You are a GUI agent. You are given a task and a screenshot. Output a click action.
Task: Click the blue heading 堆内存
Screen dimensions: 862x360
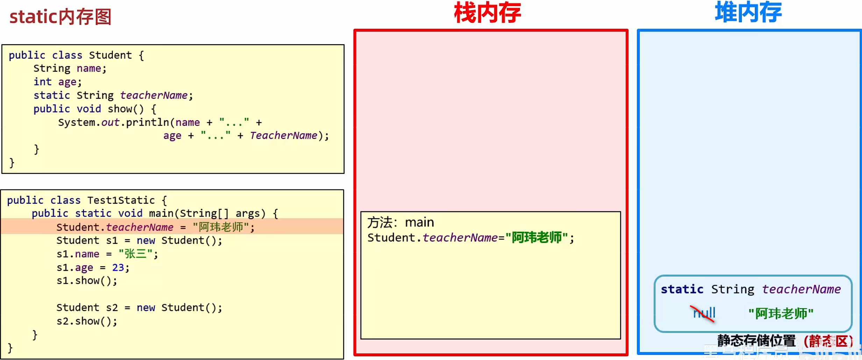point(748,13)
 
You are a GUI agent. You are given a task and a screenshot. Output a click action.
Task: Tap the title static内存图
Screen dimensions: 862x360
point(60,17)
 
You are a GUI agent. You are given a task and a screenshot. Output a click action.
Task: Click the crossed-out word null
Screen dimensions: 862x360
point(704,313)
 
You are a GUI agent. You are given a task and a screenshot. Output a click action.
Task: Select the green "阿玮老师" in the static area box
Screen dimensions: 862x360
point(781,313)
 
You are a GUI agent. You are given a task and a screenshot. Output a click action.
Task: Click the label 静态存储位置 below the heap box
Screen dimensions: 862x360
point(756,341)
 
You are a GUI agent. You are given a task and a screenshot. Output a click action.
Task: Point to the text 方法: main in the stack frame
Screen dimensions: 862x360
point(400,223)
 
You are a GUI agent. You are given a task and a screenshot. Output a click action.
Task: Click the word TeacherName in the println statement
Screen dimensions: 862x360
point(283,136)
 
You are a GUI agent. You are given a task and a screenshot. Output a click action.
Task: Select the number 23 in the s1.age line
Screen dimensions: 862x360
point(118,268)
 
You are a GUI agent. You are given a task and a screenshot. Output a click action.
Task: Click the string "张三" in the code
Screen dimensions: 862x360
point(136,254)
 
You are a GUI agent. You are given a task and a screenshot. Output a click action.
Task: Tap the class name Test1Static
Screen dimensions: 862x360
point(121,200)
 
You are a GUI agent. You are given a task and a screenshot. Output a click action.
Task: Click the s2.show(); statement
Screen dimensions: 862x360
point(87,321)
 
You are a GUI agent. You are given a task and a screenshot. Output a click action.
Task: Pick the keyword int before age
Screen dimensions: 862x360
point(42,82)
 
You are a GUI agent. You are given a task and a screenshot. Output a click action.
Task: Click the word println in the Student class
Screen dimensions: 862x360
point(148,122)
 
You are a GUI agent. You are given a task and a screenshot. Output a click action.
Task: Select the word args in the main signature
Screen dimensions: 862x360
point(248,213)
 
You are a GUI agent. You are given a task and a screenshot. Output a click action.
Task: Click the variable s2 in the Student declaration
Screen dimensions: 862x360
point(112,308)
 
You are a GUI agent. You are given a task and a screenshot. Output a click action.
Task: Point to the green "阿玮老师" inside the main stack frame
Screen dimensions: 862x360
point(536,238)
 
